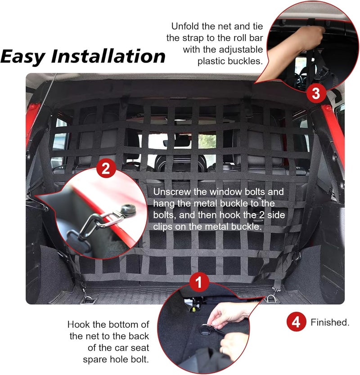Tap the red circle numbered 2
click(105, 169)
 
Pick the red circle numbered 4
click(295, 322)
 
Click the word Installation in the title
click(108, 57)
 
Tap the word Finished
click(329, 322)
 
